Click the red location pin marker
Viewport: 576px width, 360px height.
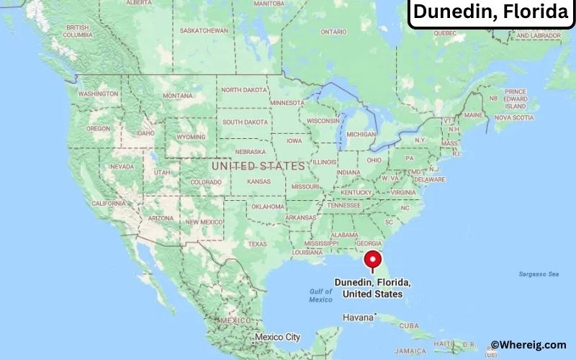[372, 260]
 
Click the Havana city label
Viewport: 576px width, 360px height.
[357, 317]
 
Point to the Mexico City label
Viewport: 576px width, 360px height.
[277, 337]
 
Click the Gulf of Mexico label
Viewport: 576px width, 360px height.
[320, 295]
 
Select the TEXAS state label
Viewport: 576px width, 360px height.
[258, 244]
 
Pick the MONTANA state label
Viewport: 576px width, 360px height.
[178, 96]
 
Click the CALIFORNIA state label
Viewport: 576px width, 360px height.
[109, 204]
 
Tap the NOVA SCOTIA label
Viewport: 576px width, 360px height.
[513, 117]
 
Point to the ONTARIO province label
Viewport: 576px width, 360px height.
[333, 32]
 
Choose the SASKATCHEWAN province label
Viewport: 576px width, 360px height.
[204, 30]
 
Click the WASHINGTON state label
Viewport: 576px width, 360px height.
[98, 94]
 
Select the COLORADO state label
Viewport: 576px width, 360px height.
[206, 181]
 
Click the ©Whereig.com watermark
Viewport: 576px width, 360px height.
[528, 346]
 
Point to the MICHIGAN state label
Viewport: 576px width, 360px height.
[361, 134]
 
